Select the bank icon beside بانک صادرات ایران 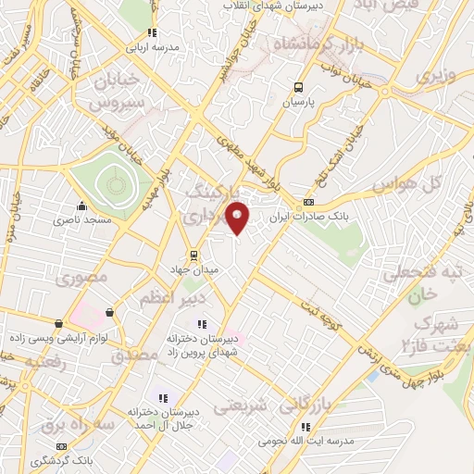coord(308,203)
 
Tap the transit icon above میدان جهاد coord(193,254)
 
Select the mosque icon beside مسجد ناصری coord(82,206)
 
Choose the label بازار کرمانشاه coord(303,44)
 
